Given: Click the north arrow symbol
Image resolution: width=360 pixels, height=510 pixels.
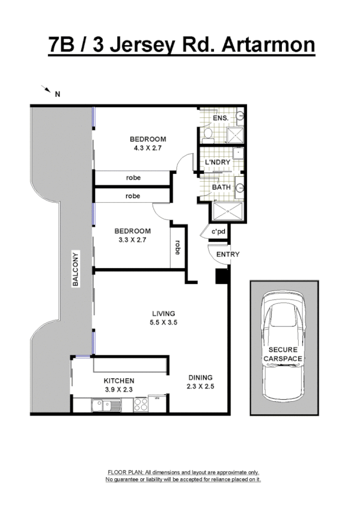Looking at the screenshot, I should (46, 90).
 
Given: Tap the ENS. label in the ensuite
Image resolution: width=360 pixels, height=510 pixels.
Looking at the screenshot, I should (221, 118).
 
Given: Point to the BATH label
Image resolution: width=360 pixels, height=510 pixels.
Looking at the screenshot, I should (221, 188).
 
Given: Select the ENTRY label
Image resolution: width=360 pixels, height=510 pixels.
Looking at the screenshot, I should (228, 254).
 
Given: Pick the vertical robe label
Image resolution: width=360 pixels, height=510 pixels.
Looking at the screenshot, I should (177, 248).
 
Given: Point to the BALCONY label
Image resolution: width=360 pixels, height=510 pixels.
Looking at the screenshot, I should (76, 269).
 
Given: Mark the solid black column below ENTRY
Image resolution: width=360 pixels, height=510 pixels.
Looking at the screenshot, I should (222, 276).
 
